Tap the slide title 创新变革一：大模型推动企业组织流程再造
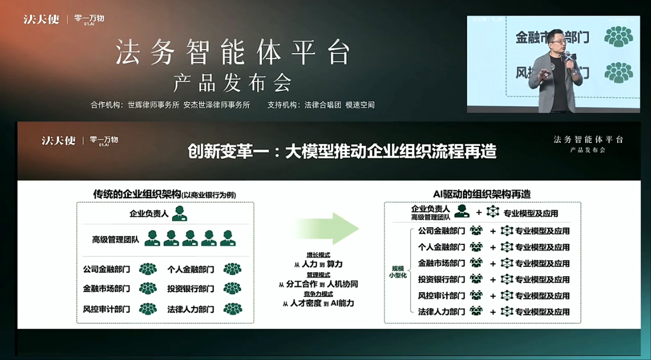point(342,152)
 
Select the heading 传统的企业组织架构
point(137,194)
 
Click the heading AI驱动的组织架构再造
point(481,194)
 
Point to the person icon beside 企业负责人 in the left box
point(179,213)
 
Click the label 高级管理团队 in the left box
point(115,239)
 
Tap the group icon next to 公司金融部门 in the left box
point(148,269)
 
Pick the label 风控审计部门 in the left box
point(107,309)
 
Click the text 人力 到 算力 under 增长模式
point(319,264)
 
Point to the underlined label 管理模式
point(318,275)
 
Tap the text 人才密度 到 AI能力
point(319,303)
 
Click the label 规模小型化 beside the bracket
point(398,272)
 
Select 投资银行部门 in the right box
point(441,279)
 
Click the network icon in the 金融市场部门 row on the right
point(506,263)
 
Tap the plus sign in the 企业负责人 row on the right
point(479,213)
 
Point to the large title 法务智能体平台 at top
point(233,52)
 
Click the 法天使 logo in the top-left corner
point(42,19)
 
